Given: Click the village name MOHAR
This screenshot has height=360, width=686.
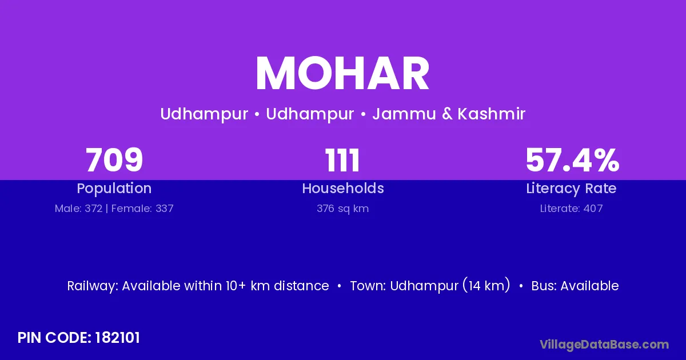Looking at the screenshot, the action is (x=342, y=74).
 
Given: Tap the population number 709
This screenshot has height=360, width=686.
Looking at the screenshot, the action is (x=114, y=160).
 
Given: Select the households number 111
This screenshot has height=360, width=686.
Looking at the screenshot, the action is (x=342, y=160).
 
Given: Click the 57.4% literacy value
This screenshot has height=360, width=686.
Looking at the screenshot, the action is (x=572, y=160).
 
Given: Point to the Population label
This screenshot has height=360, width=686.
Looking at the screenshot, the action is (x=114, y=189).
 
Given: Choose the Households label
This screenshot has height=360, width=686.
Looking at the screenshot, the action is (x=343, y=188).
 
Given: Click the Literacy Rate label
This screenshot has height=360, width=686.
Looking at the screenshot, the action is (x=571, y=189).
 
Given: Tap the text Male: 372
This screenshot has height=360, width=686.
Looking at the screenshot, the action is (x=78, y=209).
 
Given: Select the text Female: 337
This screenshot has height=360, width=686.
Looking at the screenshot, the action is (x=142, y=209).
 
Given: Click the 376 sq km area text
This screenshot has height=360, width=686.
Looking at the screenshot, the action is (x=342, y=209).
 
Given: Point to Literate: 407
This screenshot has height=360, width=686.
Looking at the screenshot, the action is (x=571, y=209).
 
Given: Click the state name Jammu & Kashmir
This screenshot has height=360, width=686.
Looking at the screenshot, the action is (x=449, y=114).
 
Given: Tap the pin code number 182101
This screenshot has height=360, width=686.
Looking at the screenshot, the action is (x=118, y=338).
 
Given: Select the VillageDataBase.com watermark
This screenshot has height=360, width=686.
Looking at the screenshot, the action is (x=604, y=345).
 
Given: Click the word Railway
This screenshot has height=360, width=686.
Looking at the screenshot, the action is (x=93, y=286).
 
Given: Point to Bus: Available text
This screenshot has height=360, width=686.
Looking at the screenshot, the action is (x=575, y=286).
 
